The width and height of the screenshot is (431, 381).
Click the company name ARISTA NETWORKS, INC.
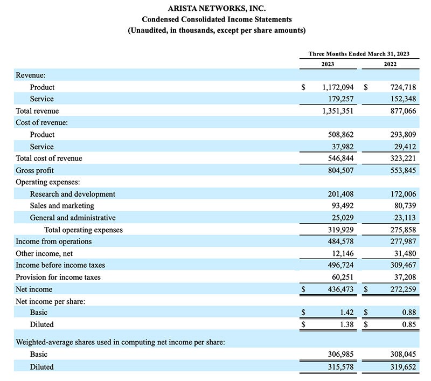[217, 9]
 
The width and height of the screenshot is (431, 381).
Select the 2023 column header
[328, 64]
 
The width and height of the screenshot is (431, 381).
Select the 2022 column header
[390, 64]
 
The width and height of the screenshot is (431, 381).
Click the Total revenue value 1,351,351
[338, 111]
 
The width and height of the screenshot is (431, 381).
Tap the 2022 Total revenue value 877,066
[403, 111]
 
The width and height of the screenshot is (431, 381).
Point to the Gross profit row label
[34, 170]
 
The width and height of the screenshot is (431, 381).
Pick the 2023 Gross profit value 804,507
[340, 170]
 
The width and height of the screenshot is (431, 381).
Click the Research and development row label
[73, 194]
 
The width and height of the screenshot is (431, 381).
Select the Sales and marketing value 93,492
[343, 206]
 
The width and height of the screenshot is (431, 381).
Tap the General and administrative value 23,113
[405, 218]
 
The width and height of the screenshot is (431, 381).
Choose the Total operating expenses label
[84, 230]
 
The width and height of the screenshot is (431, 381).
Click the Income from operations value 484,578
[340, 241]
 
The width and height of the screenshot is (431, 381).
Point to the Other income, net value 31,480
[405, 253]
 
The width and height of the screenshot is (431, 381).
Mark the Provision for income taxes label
[58, 277]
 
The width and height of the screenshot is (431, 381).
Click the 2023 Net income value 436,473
[340, 289]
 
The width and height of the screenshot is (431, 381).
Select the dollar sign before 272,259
[366, 289]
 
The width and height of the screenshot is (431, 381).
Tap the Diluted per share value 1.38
[346, 324]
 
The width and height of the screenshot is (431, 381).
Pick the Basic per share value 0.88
[409, 312]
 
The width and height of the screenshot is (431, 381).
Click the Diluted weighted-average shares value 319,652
[403, 366]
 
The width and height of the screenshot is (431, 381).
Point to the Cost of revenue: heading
[41, 123]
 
